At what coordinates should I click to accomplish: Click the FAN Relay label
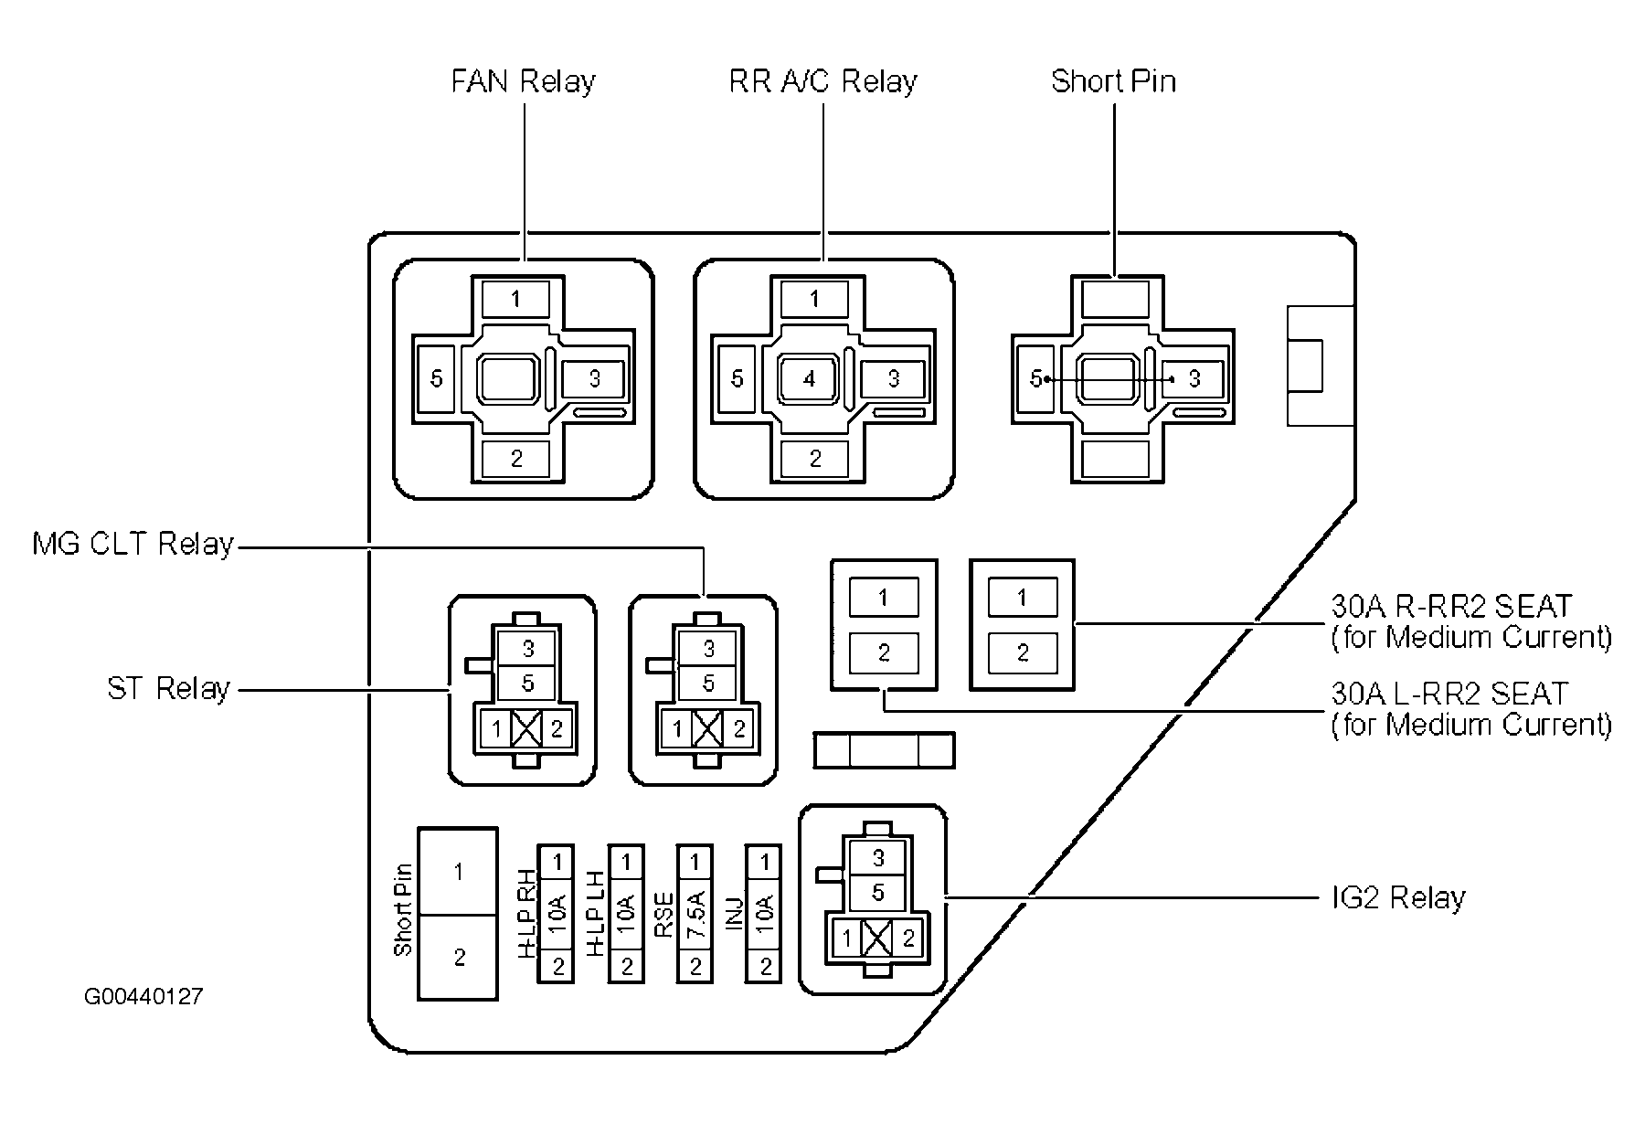tap(523, 81)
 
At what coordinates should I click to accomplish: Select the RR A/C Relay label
tap(822, 81)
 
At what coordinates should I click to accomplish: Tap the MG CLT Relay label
tap(133, 545)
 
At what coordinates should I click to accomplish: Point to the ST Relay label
tap(168, 688)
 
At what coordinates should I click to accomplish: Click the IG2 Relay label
tap(1398, 897)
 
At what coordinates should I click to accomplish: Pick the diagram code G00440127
tap(143, 996)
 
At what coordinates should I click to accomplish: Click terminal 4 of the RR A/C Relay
tap(809, 378)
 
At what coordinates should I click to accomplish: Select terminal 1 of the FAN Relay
tap(516, 299)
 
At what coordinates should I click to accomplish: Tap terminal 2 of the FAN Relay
tap(516, 458)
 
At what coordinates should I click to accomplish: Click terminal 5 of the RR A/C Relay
tap(737, 378)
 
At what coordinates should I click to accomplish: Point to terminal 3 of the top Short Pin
tap(1194, 378)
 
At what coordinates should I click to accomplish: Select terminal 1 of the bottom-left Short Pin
tap(458, 873)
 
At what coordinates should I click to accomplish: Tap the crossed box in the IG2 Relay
tap(877, 938)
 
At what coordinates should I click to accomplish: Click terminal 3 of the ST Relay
tap(528, 649)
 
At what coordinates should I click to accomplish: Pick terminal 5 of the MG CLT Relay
tap(708, 684)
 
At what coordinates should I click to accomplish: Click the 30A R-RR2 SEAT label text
tap(1450, 607)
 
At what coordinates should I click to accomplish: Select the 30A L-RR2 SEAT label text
tap(1449, 695)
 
